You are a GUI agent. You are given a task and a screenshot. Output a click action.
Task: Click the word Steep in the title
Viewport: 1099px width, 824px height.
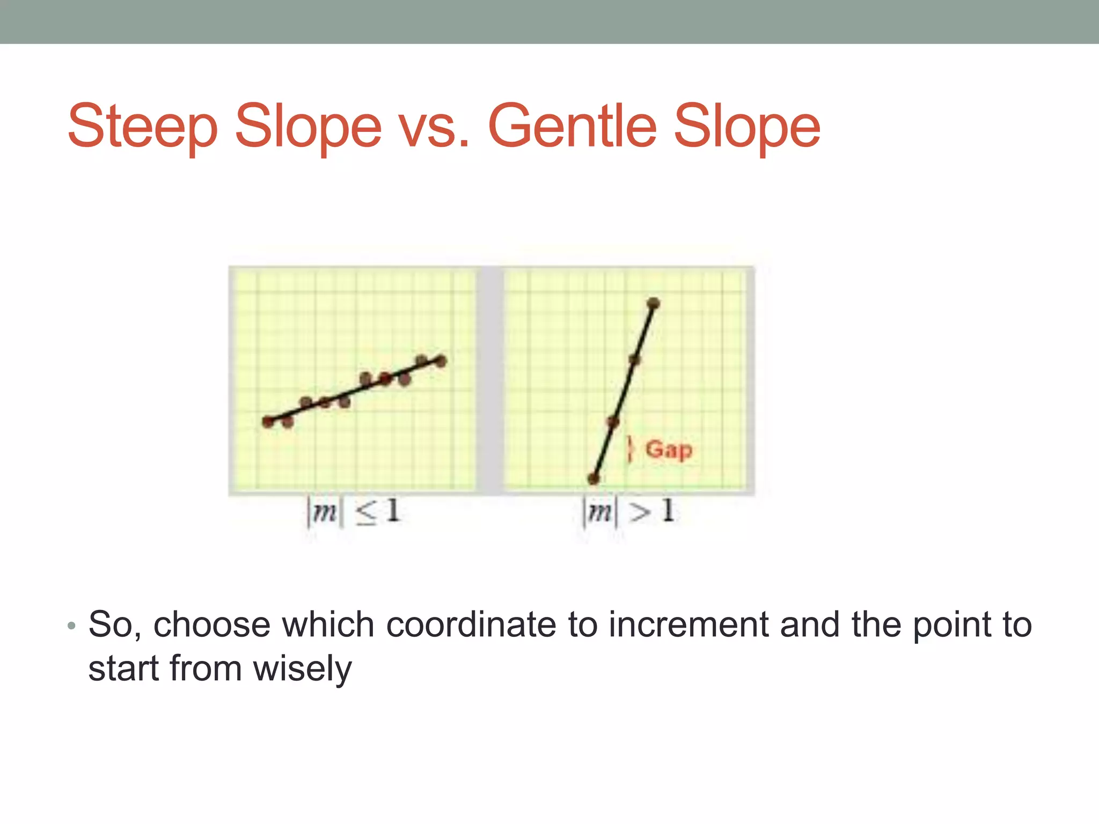pos(142,127)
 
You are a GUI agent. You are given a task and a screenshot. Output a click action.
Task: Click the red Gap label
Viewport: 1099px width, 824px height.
pos(669,450)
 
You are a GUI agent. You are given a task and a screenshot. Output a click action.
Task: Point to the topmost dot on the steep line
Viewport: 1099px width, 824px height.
pos(653,303)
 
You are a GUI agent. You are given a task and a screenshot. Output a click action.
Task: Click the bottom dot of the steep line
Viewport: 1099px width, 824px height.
pos(593,479)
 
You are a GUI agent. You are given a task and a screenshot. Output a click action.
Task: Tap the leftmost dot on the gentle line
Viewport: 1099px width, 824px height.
pos(268,422)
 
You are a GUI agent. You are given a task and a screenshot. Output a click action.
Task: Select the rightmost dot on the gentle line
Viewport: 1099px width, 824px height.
pos(441,361)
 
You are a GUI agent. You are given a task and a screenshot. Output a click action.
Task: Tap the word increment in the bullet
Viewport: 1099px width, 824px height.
pos(688,625)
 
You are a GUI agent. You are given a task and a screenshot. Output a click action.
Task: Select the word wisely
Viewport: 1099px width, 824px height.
pos(302,669)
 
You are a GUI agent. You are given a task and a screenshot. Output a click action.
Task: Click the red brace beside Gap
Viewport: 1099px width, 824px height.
pos(631,450)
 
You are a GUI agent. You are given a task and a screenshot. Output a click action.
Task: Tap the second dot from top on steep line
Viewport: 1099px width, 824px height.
pos(634,359)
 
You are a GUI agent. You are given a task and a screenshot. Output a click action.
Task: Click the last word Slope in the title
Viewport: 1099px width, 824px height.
pos(746,127)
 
